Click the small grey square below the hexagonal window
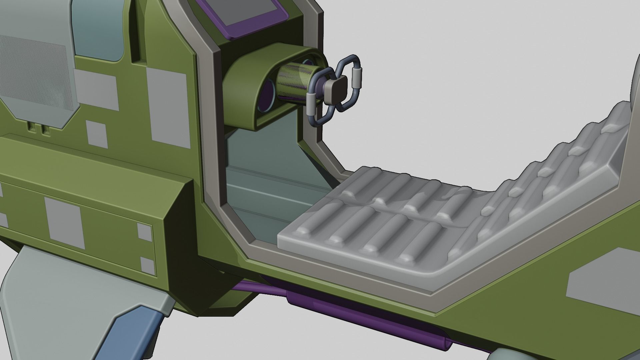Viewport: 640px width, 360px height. click(x=96, y=133)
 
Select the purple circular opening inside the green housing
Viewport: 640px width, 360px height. click(x=267, y=100)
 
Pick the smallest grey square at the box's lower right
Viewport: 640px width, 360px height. click(x=148, y=265)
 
